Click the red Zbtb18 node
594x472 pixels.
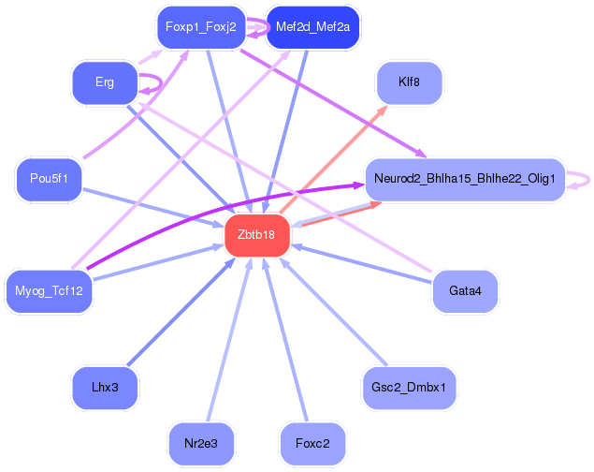point(256,234)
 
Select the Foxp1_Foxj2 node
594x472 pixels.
point(200,26)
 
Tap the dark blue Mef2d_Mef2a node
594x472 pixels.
point(312,26)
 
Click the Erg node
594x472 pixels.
point(105,82)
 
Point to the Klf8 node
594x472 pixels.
point(409,82)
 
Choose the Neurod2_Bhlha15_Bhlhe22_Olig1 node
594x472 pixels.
point(465,178)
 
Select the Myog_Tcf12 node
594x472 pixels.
point(49,290)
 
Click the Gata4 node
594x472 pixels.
point(465,291)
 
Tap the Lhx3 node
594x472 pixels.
point(105,386)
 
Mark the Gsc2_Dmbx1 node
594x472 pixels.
point(409,386)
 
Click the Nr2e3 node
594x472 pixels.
point(200,442)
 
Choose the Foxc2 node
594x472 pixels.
point(312,442)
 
